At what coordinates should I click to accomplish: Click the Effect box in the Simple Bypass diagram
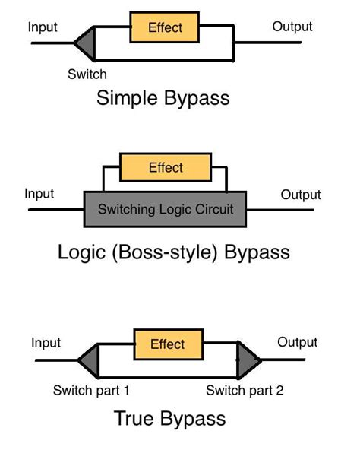tap(165, 27)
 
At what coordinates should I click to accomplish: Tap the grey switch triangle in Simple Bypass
tap(86, 43)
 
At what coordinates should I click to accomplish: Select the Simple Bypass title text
tap(163, 98)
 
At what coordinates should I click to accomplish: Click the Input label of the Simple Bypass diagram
tap(43, 27)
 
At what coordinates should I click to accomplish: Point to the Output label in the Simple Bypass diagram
tap(292, 27)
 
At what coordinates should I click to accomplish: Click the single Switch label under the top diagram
tap(87, 74)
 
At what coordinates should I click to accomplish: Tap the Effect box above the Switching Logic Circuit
tap(165, 167)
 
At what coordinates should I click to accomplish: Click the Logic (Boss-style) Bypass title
tap(173, 252)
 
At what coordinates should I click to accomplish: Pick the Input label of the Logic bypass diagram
tap(39, 194)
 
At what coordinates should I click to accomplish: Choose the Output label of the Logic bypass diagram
tap(301, 195)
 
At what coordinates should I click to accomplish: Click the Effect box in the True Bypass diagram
tap(167, 344)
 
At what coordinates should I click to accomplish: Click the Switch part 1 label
tap(91, 391)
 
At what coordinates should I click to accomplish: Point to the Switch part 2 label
tap(245, 391)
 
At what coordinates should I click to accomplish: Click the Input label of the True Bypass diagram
tap(46, 343)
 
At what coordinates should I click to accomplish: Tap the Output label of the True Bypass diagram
tap(297, 342)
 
